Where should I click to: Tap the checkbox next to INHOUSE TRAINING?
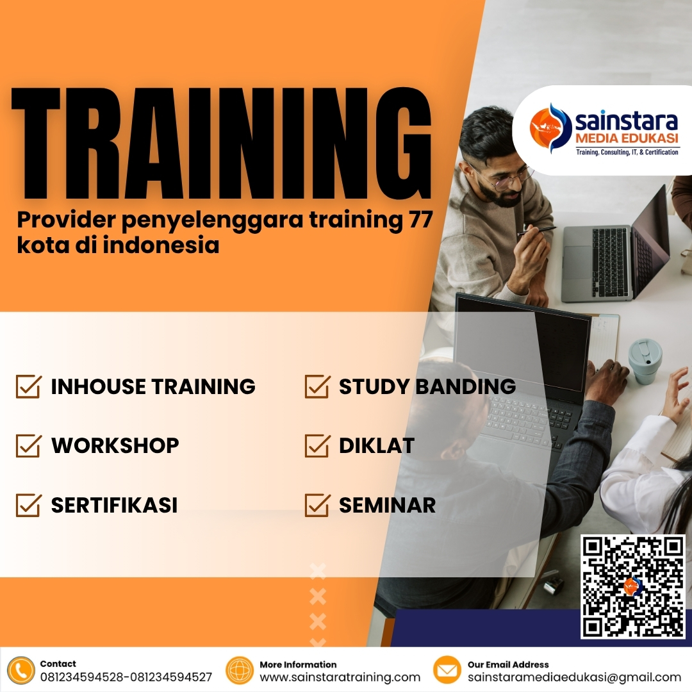click(29, 387)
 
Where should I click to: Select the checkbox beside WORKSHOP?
click(29, 445)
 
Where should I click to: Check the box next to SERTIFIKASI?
click(29, 505)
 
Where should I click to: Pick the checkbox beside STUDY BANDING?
click(317, 387)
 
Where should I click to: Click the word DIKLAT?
click(377, 446)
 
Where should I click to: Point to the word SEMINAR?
click(387, 505)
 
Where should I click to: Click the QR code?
click(632, 587)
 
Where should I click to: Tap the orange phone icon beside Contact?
click(22, 670)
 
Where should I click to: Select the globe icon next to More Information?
click(240, 670)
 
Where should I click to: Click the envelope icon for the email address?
click(447, 670)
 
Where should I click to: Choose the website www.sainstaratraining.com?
click(340, 677)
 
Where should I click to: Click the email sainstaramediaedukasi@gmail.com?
click(574, 677)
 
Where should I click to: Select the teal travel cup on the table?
click(645, 361)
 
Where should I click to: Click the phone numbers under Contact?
click(126, 677)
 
